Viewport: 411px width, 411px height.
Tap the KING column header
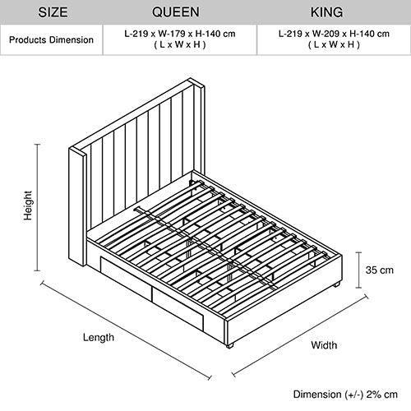333,13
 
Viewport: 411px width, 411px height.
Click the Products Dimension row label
51,39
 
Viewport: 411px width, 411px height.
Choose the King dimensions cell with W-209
333,39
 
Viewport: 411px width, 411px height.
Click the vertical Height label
27,209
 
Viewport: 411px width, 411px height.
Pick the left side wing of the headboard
80,205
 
